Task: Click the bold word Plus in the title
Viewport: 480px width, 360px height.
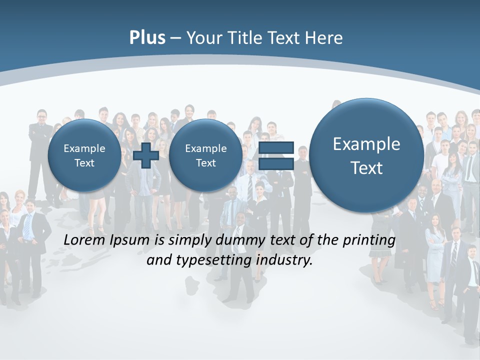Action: [x=147, y=38]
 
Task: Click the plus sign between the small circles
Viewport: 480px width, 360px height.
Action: [x=146, y=155]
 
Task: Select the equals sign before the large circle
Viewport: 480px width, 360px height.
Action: [x=276, y=155]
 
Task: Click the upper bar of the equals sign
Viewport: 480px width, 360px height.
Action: [x=276, y=148]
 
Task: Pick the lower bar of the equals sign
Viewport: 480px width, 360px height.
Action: [x=276, y=163]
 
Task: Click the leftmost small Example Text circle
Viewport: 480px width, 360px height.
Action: [x=84, y=155]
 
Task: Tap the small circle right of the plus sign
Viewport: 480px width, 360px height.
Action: [x=205, y=155]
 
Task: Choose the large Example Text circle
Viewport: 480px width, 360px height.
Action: [x=366, y=155]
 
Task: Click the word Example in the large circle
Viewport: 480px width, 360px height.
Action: [x=366, y=144]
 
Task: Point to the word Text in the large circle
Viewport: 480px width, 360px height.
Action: [x=366, y=168]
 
